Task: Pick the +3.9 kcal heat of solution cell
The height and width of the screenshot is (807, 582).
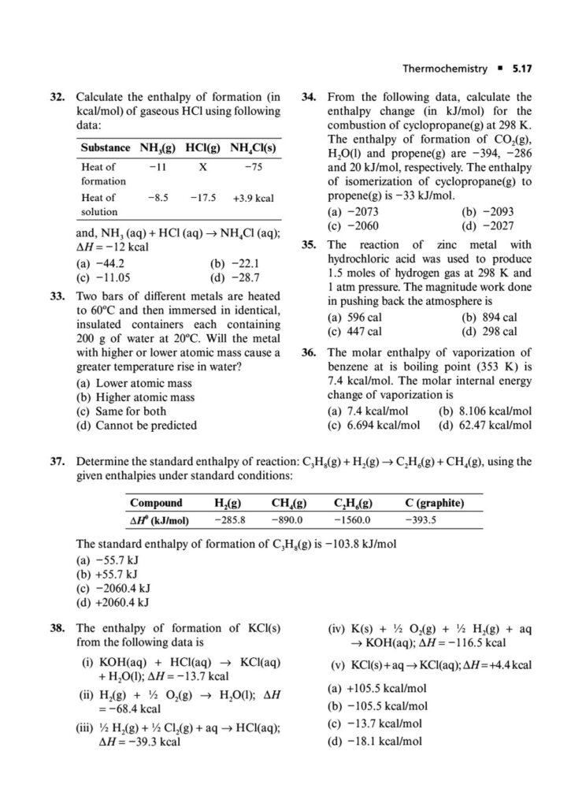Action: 253,198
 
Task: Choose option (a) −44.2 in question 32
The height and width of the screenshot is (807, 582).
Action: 99,263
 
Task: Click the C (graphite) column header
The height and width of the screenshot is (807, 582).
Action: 434,503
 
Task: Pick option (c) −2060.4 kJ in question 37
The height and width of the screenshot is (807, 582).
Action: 113,588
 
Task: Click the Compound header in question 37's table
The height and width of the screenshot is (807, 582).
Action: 156,503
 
